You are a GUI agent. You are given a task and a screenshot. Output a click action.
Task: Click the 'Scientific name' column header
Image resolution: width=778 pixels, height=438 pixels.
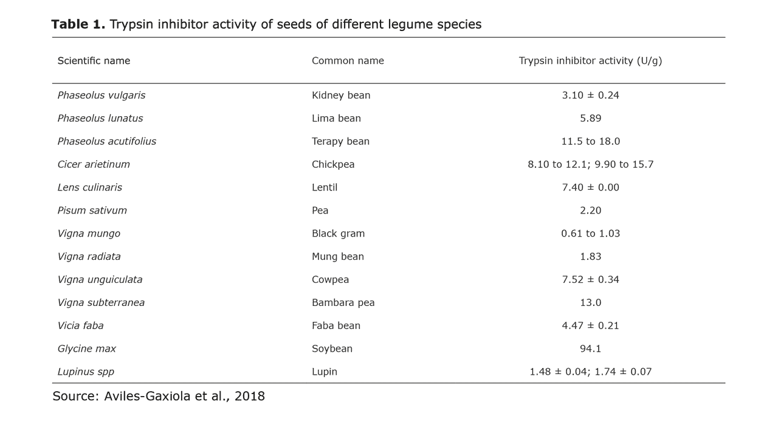click(94, 61)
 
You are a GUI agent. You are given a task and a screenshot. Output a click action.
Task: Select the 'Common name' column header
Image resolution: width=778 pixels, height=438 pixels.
click(348, 61)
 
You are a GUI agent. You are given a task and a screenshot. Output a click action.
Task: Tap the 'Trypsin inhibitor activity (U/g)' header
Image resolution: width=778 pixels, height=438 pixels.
click(590, 61)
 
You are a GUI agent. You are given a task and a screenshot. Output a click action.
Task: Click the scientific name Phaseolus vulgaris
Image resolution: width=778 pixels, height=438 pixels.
click(102, 96)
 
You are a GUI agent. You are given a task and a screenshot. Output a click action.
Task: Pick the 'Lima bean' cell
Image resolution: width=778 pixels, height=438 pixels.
click(336, 119)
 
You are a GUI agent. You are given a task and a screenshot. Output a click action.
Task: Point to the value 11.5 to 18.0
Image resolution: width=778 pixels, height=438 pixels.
click(590, 142)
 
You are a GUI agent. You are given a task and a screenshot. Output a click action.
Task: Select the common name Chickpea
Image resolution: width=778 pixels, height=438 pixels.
click(333, 165)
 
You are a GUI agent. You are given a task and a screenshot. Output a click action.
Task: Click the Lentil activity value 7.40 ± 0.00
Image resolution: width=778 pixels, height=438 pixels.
click(590, 188)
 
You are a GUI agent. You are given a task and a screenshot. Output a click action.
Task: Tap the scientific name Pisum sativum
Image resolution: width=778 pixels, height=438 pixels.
click(92, 211)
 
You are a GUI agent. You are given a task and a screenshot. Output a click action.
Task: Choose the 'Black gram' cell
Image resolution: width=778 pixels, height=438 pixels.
click(338, 234)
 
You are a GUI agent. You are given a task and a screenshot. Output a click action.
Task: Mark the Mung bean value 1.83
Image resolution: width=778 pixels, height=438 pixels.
click(590, 257)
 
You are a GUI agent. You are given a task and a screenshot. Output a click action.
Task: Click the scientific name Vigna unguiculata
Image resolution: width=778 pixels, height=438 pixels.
click(100, 280)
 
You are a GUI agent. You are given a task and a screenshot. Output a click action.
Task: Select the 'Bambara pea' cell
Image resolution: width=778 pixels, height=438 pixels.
click(343, 303)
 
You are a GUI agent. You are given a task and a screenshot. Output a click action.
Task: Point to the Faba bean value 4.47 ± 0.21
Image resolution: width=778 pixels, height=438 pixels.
click(590, 326)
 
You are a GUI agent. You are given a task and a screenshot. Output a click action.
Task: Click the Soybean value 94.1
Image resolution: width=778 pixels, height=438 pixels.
click(590, 349)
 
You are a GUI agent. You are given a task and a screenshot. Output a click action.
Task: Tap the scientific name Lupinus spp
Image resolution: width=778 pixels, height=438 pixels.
click(86, 372)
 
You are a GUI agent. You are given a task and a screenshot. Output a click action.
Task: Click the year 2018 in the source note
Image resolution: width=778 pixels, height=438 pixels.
click(249, 397)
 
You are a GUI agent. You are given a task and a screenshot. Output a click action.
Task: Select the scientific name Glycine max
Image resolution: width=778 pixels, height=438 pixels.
click(86, 349)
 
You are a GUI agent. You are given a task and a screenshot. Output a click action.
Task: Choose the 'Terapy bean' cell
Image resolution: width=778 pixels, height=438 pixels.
click(340, 142)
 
